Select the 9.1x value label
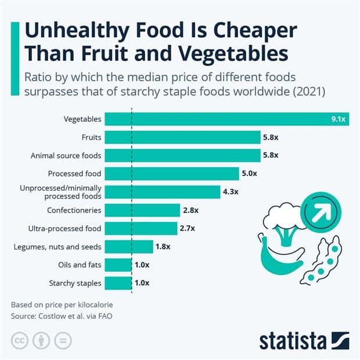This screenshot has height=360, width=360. tap(338, 120)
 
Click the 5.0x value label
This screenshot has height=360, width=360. tap(249, 173)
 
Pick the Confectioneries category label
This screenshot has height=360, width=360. tap(74, 210)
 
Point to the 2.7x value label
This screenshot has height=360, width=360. tap(187, 228)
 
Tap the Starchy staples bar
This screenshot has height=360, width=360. tap(118, 283)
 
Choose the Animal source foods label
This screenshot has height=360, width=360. tap(66, 155)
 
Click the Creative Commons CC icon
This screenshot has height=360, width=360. tap(21, 340)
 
